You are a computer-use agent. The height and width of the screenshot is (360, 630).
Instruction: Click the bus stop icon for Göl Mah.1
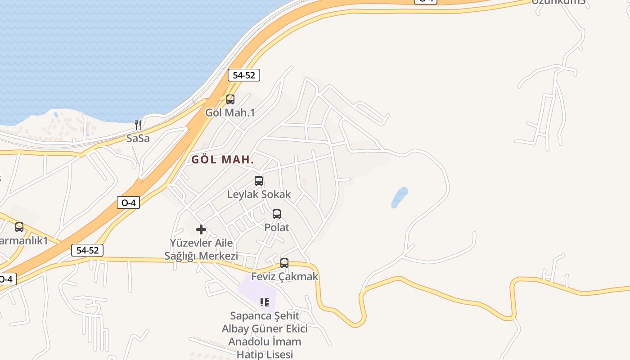230,99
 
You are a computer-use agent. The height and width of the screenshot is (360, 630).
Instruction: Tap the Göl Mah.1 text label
230,112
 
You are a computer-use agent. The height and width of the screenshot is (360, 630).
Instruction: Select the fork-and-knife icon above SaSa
138,125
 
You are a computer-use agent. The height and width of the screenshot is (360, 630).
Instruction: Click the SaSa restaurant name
138,138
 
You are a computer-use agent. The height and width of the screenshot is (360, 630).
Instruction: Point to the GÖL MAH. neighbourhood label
223,160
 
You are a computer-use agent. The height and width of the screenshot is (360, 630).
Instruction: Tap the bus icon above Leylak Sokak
259,181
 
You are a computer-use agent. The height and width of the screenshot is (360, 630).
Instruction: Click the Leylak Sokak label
259,194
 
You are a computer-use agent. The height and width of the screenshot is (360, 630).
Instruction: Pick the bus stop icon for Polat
277,214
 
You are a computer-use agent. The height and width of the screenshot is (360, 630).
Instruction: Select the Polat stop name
277,228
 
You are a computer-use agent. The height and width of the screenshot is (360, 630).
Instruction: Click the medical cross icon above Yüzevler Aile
201,230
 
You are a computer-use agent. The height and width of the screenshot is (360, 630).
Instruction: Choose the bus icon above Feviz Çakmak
284,263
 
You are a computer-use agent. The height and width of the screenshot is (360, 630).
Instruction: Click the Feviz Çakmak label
284,276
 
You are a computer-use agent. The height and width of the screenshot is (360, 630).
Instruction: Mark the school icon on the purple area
265,302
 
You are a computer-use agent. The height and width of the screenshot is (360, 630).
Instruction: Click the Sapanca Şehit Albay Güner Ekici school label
265,335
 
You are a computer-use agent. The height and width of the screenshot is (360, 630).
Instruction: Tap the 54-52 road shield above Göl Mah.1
244,75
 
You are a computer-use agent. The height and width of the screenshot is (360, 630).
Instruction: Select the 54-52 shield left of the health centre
87,251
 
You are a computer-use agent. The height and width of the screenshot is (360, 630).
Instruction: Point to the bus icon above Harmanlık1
19,227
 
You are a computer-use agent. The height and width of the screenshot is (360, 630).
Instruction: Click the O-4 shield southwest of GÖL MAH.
128,203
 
